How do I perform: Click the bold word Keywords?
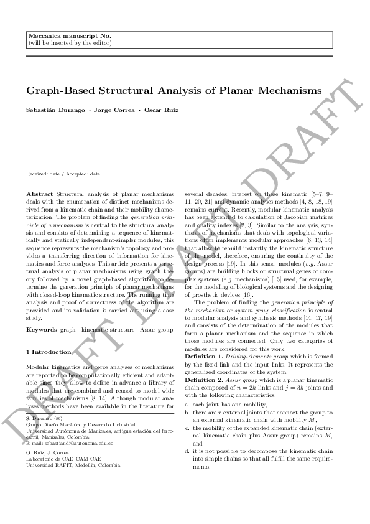coord(42,328)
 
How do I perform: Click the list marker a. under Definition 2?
coord(187,403)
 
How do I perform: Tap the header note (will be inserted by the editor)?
coord(70,44)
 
